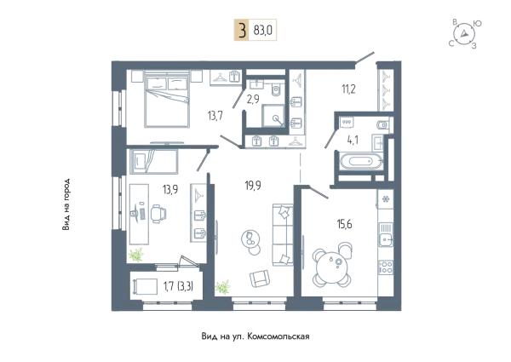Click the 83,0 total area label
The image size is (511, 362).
tap(262, 31)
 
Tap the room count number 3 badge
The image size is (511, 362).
tap(242, 30)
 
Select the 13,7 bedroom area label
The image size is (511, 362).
tap(215, 116)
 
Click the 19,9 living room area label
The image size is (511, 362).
tap(253, 186)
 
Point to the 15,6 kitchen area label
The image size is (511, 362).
tap(344, 224)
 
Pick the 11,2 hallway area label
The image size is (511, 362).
tap(348, 89)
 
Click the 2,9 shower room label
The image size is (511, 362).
tap(253, 99)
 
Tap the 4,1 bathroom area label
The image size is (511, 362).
tap(353, 140)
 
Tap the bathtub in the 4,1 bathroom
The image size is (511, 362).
tap(360, 161)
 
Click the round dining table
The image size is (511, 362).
tap(332, 265)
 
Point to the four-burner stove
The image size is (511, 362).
tap(386, 267)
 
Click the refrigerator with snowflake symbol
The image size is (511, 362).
tap(386, 199)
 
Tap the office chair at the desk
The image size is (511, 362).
tap(158, 214)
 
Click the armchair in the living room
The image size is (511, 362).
tap(260, 279)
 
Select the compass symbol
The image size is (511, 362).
tap(464, 33)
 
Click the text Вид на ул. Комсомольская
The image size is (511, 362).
tap(255, 336)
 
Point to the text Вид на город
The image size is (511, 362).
tap(66, 204)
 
